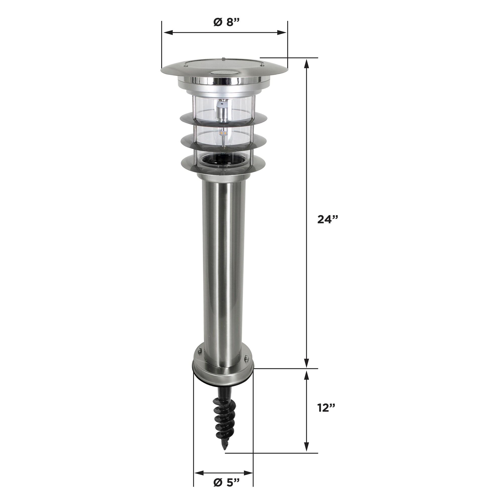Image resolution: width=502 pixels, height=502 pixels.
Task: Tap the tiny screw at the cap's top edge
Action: tap(223, 58)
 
